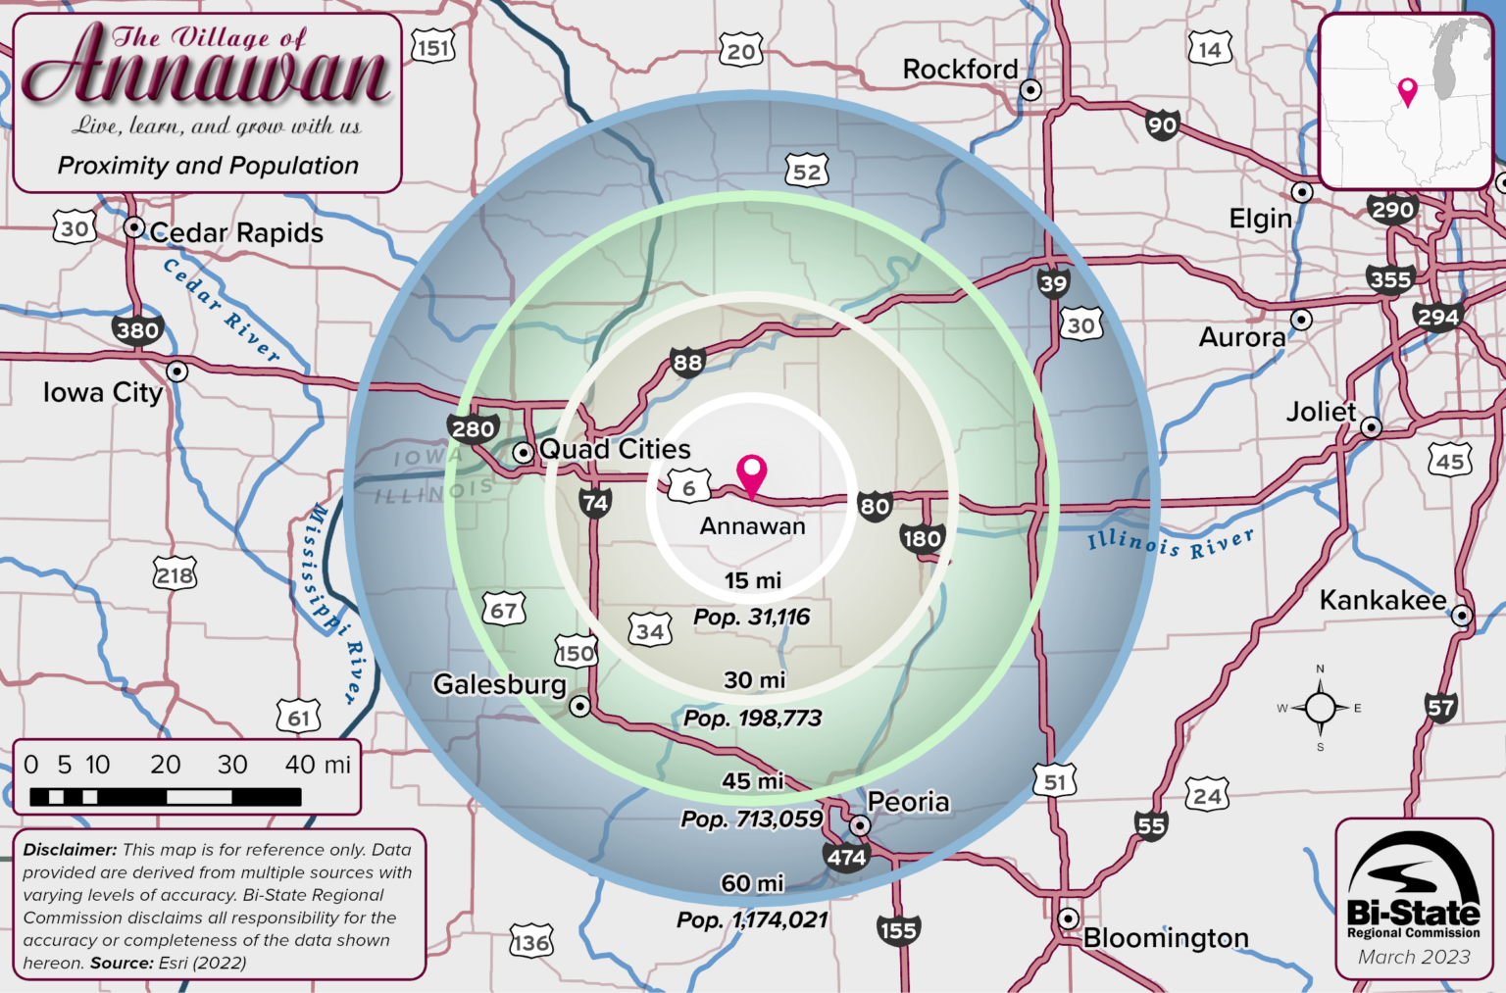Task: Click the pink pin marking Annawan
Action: coord(752,473)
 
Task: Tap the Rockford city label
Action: coord(960,70)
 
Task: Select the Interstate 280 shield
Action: coord(474,428)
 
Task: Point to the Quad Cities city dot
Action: coord(524,452)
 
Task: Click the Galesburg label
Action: coord(499,684)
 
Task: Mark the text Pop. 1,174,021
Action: coord(752,920)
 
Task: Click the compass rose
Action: coord(1320,708)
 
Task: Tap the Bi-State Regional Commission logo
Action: coord(1413,887)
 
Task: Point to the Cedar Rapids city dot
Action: coord(134,227)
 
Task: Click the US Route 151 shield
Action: coord(433,47)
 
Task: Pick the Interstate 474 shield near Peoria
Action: coord(846,858)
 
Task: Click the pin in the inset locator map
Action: coord(1408,90)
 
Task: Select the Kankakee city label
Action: coord(1381,600)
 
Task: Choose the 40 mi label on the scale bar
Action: coord(317,765)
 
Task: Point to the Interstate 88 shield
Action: coord(687,363)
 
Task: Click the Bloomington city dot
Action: coord(1068,919)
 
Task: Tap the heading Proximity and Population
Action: coord(208,166)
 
